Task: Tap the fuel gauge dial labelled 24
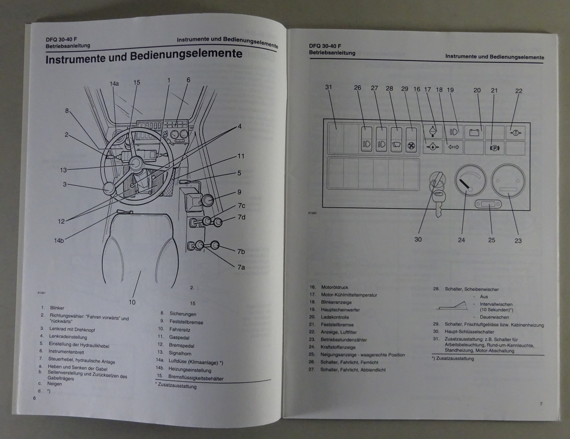pyautogui.click(x=470, y=181)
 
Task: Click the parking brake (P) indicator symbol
pyautogui.click(x=494, y=148)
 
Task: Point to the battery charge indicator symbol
pyautogui.click(x=474, y=133)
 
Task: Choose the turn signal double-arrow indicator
pyautogui.click(x=454, y=147)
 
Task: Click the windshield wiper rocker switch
pyautogui.click(x=396, y=140)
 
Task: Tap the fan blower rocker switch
pyautogui.click(x=411, y=140)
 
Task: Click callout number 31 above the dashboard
pyautogui.click(x=328, y=87)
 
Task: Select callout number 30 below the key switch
pyautogui.click(x=418, y=239)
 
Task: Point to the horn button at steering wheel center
pyautogui.click(x=136, y=164)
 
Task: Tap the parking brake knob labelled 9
pyautogui.click(x=208, y=201)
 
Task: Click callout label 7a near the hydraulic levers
pyautogui.click(x=241, y=267)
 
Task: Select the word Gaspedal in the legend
pyautogui.click(x=179, y=337)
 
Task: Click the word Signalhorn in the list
pyautogui.click(x=180, y=353)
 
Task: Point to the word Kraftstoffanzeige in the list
pyautogui.click(x=338, y=347)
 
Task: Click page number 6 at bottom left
pyautogui.click(x=34, y=398)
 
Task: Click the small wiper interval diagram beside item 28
pyautogui.click(x=452, y=305)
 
